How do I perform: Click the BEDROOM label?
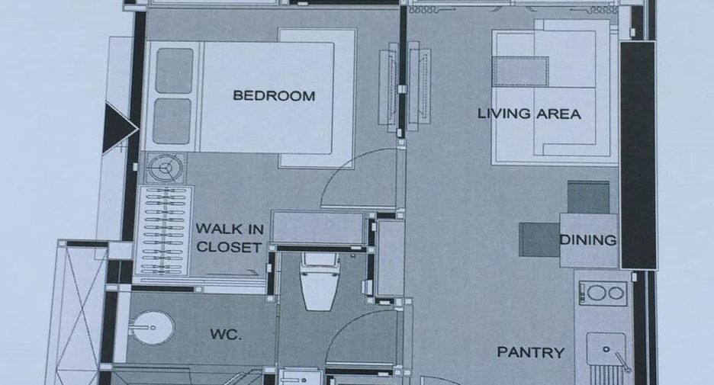tap(274, 95)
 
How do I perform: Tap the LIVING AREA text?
tap(529, 114)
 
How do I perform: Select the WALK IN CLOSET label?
tap(230, 238)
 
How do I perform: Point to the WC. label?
tap(225, 335)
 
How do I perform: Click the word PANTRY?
tap(530, 351)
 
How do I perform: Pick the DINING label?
tap(588, 240)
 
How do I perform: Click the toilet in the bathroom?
tap(319, 281)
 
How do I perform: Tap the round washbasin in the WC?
tap(151, 328)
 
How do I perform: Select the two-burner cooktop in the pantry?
tap(603, 293)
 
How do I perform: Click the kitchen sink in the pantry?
tap(606, 349)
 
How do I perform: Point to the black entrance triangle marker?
tap(119, 128)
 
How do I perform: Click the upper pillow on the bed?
tap(175, 71)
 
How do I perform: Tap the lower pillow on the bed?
tap(172, 121)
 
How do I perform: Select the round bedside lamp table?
tap(166, 168)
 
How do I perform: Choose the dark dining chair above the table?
tap(588, 197)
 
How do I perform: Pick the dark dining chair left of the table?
tap(539, 239)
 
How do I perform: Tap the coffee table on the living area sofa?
tap(520, 72)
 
